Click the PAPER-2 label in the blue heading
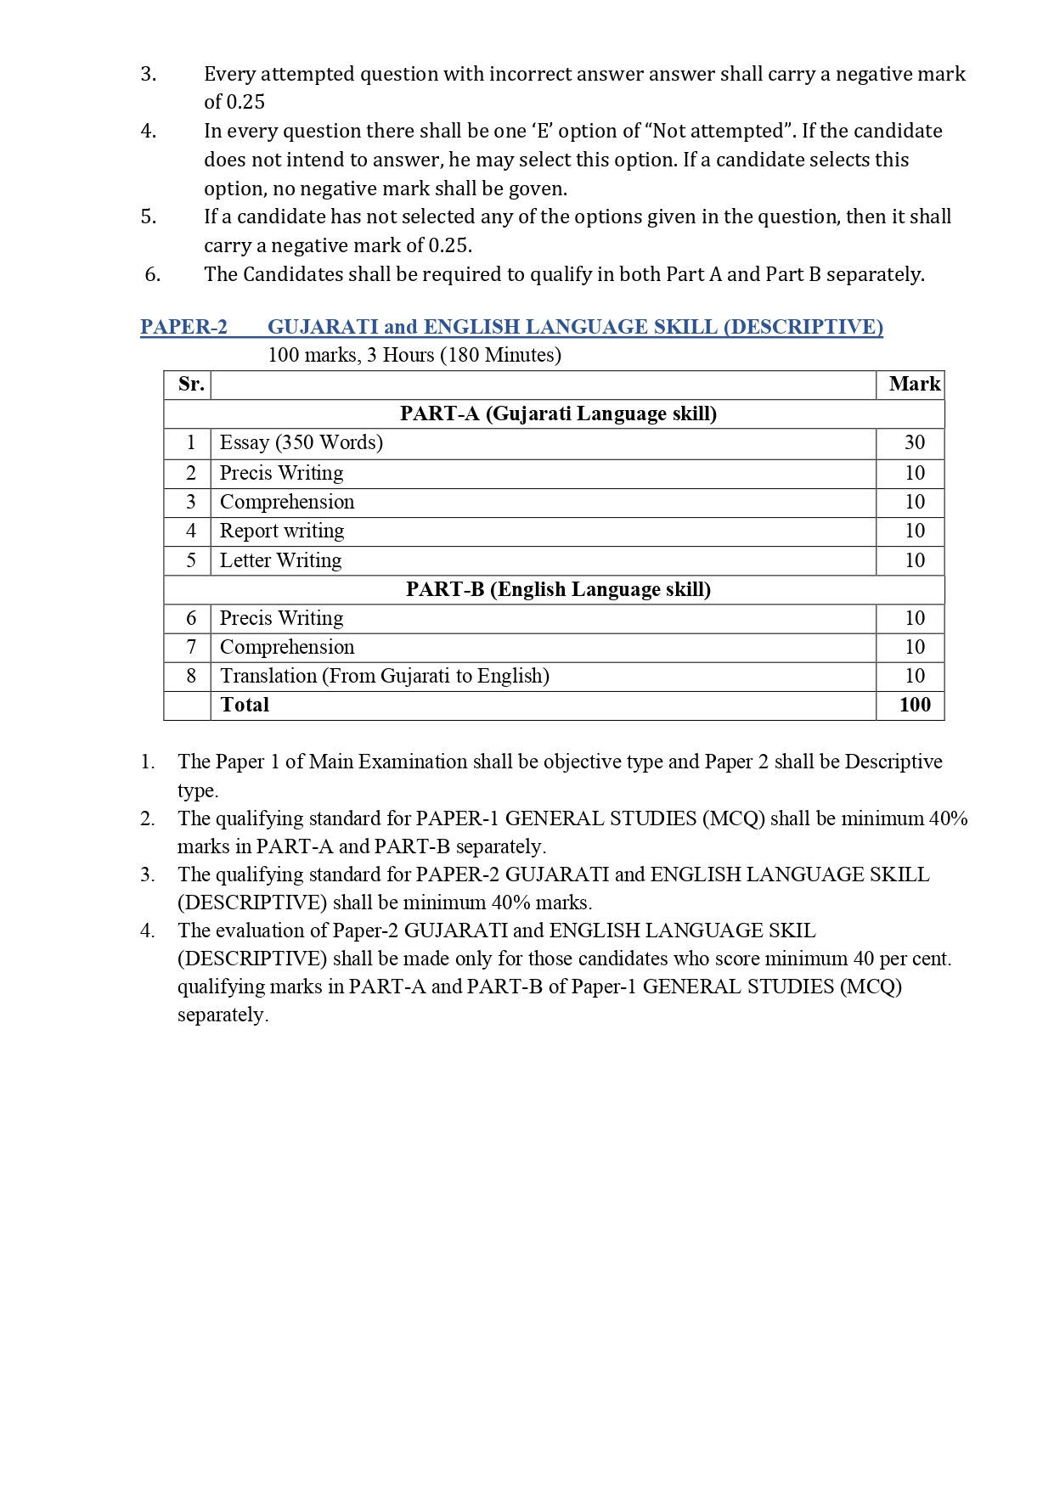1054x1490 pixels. pyautogui.click(x=183, y=327)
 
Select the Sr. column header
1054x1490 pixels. pyautogui.click(x=191, y=385)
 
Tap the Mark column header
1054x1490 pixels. pyautogui.click(x=914, y=385)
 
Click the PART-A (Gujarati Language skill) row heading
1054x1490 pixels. pyautogui.click(x=558, y=413)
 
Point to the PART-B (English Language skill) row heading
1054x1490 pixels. pyautogui.click(x=558, y=589)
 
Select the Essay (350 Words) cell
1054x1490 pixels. pyautogui.click(x=301, y=442)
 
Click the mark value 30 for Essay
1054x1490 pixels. pyautogui.click(x=914, y=442)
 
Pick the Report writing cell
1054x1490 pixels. pyautogui.click(x=282, y=531)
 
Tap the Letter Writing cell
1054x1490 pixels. pyautogui.click(x=280, y=560)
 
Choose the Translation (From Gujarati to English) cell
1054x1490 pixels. pyautogui.click(x=384, y=676)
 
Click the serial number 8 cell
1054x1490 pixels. pyautogui.click(x=191, y=676)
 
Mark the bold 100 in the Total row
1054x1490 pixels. pyautogui.click(x=915, y=705)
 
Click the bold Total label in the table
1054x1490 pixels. pyautogui.click(x=245, y=705)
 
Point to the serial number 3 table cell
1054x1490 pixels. pyautogui.click(x=191, y=502)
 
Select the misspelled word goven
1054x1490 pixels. pyautogui.click(x=537, y=188)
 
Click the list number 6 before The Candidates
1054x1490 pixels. pyautogui.click(x=153, y=274)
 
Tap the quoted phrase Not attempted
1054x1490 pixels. pyautogui.click(x=723, y=131)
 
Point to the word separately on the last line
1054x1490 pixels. pyautogui.click(x=223, y=1015)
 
